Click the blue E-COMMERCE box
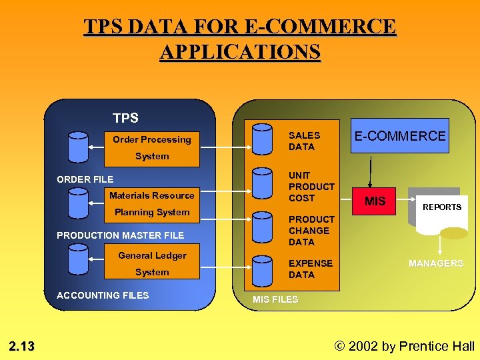pos(399,136)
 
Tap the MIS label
pos(375,201)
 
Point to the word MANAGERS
pos(436,263)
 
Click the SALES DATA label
pos(304,141)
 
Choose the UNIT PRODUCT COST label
pos(311,187)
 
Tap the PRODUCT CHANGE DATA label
pos(311,231)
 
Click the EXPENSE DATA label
pos(310,269)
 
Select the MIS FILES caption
pos(275,299)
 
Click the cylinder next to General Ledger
pos(77,258)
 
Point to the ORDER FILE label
pos(85,179)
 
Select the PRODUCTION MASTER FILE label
pos(120,235)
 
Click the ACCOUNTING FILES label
pos(103,295)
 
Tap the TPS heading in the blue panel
pos(125,118)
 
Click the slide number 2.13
pos(21,346)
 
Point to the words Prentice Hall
pos(437,346)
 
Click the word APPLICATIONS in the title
pos(240,51)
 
